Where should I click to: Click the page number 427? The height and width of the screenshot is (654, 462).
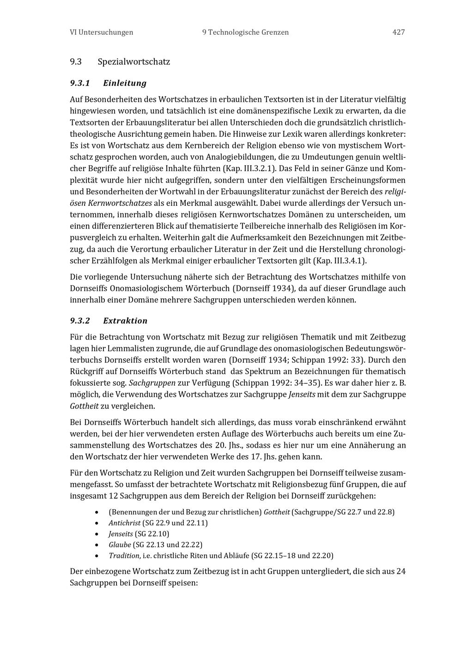[x=398, y=32]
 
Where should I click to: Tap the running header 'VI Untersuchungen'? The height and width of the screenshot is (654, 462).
[x=101, y=32]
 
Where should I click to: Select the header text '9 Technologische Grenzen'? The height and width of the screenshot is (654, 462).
[x=245, y=32]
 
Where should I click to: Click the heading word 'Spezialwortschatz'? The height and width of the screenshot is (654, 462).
[x=134, y=62]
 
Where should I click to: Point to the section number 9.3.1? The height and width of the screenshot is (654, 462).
[x=79, y=83]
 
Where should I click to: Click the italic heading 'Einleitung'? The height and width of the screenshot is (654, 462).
[x=125, y=83]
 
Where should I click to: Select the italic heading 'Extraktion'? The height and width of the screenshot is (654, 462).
[x=125, y=321]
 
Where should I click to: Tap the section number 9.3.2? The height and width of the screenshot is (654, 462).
[x=80, y=321]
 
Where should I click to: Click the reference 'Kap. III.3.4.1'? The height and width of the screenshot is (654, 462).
[x=340, y=261]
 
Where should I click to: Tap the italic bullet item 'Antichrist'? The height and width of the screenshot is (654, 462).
[x=125, y=523]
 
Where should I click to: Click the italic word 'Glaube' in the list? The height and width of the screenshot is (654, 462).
[x=120, y=545]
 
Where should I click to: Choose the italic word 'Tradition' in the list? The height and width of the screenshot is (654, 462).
[x=124, y=555]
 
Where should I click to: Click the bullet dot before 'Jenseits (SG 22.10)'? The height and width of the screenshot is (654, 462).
[x=96, y=534]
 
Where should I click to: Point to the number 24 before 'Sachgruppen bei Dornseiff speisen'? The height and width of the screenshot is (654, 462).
[x=401, y=571]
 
